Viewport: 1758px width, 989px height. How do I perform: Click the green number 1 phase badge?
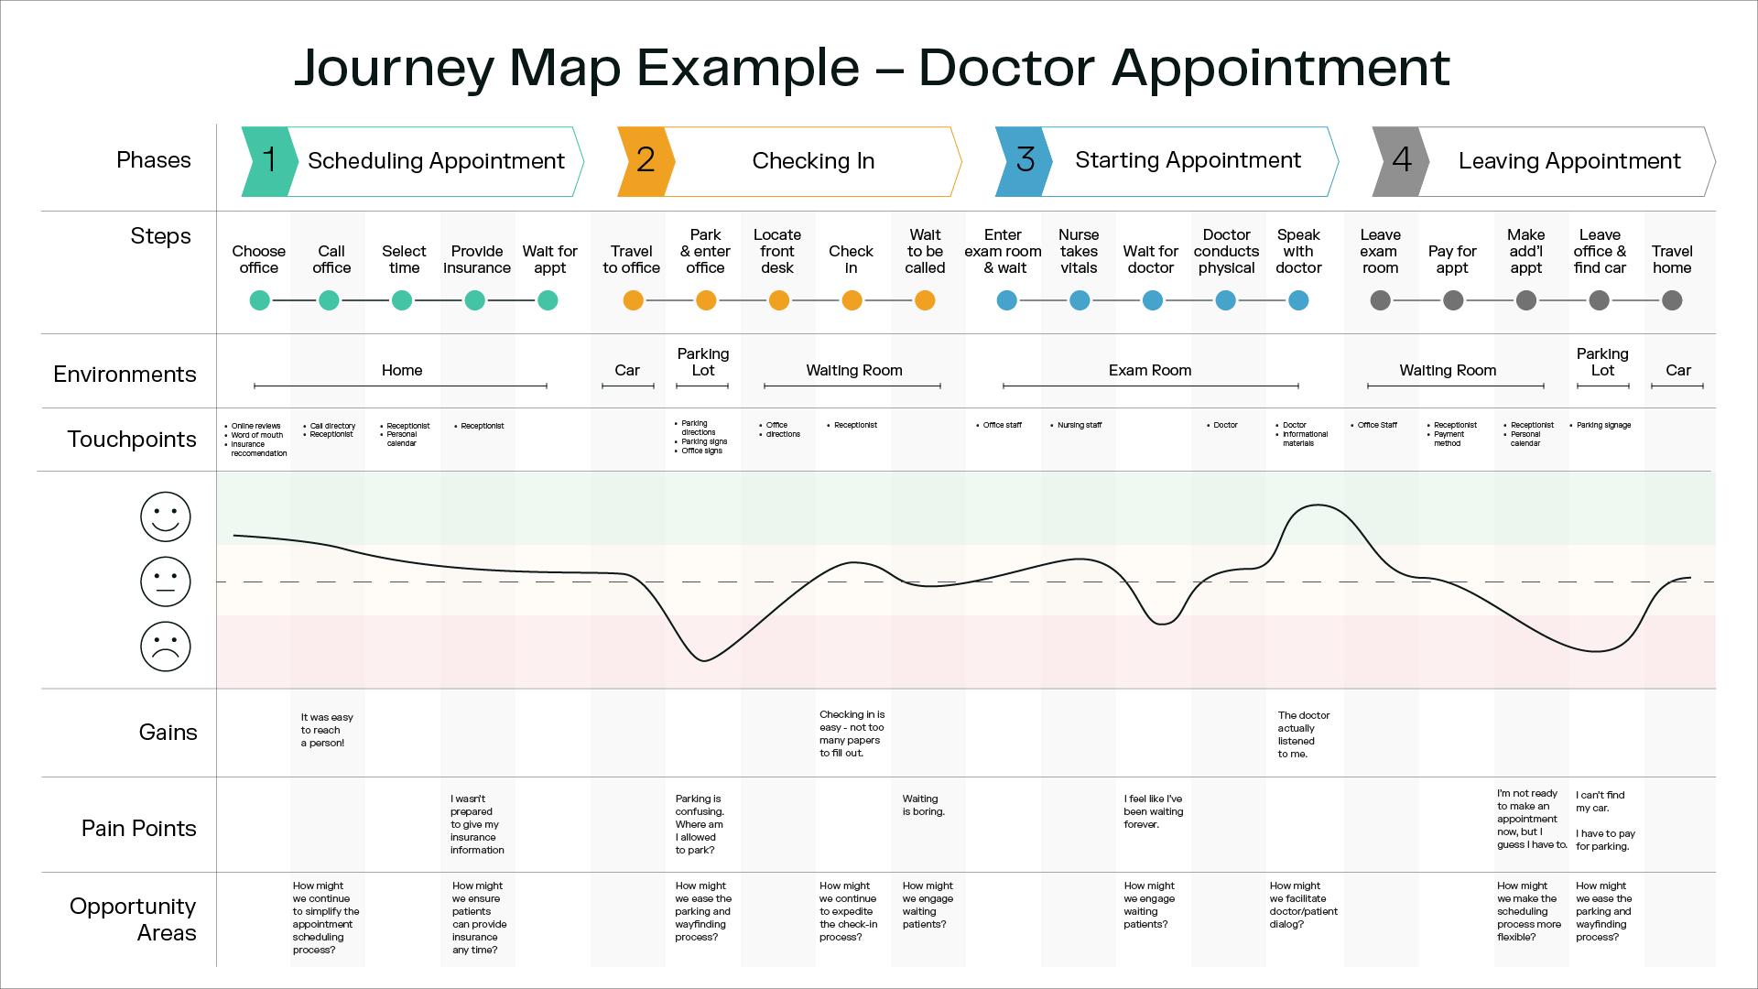pyautogui.click(x=268, y=161)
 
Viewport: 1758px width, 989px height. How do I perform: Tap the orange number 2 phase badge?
pyautogui.click(x=645, y=161)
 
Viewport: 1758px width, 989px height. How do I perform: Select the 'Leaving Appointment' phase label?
pyautogui.click(x=1568, y=161)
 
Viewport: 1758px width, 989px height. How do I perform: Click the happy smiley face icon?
pyautogui.click(x=165, y=516)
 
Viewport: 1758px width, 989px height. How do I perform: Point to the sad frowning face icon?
pyautogui.click(x=165, y=647)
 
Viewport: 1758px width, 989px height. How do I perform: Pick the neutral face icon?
pyautogui.click(x=165, y=581)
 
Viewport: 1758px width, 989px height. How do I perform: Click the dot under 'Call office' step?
pyautogui.click(x=329, y=300)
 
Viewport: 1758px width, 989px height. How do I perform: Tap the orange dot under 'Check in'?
pyautogui.click(x=852, y=300)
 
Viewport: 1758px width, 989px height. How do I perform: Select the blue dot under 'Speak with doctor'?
pyautogui.click(x=1298, y=300)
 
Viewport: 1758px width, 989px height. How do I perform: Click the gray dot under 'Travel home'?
pyautogui.click(x=1672, y=300)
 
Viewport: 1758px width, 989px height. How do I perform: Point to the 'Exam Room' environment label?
pyautogui.click(x=1149, y=370)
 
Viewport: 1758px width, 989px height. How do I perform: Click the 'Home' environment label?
pyautogui.click(x=401, y=370)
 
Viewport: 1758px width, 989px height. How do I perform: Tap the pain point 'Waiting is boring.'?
pyautogui.click(x=923, y=805)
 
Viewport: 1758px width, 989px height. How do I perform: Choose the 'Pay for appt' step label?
pyautogui.click(x=1451, y=259)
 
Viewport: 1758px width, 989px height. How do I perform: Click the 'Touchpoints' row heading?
pyautogui.click(x=131, y=440)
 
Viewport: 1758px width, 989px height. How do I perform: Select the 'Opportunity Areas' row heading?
pyautogui.click(x=133, y=918)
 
